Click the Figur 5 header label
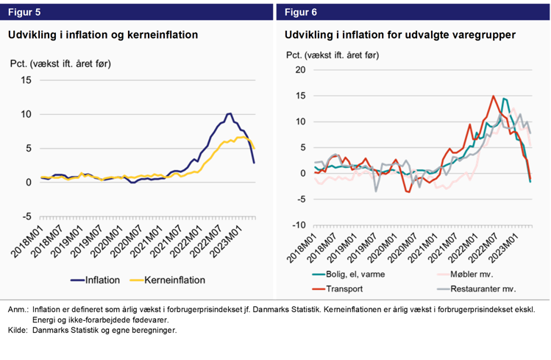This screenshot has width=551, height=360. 24,12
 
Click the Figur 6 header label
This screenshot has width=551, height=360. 301,12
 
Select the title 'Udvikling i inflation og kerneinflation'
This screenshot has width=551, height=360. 103,35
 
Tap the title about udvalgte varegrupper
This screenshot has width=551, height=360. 399,35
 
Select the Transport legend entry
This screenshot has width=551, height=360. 344,289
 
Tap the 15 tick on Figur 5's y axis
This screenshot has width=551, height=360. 26,80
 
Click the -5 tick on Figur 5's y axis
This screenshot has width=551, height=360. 26,216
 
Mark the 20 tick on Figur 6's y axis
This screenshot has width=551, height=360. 299,70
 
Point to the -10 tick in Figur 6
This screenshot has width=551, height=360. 298,225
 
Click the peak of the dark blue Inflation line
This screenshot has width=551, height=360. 230,113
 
